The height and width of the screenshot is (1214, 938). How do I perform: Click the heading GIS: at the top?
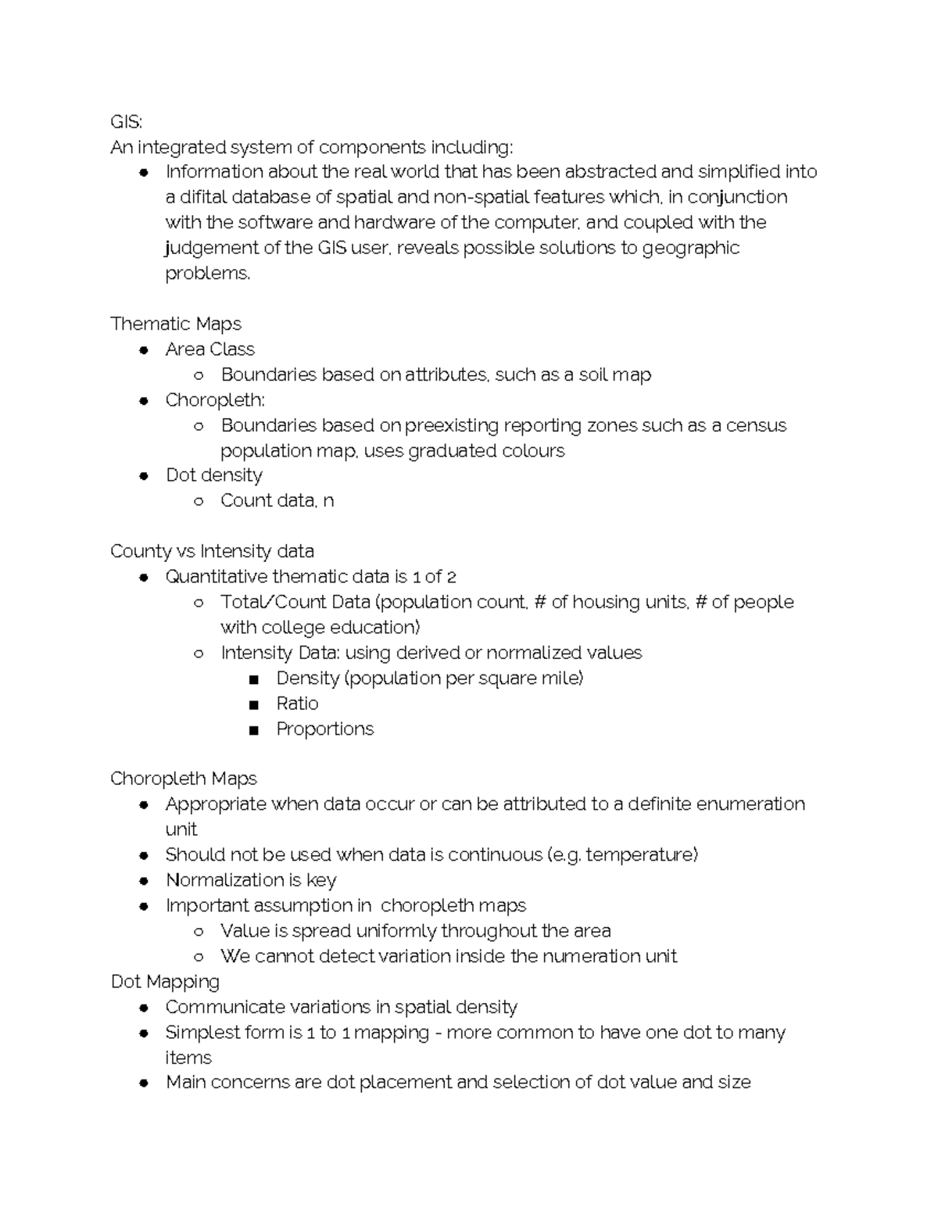126,122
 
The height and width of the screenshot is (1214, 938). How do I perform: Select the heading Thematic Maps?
176,324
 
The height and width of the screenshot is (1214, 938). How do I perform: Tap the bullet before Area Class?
144,350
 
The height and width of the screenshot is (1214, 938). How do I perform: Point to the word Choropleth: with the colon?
215,400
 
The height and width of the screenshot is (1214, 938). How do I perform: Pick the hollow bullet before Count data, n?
199,502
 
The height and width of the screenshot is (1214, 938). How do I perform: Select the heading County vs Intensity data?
212,551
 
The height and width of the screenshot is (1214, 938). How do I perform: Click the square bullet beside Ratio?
253,705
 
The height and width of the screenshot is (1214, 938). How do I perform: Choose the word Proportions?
324,729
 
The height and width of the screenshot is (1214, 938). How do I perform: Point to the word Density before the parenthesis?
307,678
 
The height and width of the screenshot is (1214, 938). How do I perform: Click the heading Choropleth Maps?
184,779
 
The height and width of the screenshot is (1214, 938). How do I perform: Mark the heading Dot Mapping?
165,982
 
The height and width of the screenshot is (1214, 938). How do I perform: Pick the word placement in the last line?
405,1083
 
